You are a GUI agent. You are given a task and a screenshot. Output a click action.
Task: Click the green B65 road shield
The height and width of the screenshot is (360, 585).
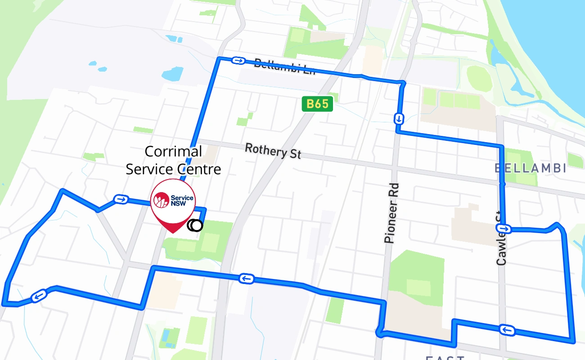tap(317, 104)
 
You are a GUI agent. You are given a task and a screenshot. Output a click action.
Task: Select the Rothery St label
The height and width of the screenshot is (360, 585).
tap(273, 151)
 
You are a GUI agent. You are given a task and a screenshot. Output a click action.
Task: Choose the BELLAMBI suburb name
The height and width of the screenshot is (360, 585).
tap(530, 168)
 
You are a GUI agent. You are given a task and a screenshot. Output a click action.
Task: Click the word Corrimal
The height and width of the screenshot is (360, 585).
tap(173, 152)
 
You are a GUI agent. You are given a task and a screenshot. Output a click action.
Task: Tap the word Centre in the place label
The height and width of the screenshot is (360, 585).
tap(199, 169)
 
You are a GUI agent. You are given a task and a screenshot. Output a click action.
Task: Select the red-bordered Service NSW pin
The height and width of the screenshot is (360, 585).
tap(173, 202)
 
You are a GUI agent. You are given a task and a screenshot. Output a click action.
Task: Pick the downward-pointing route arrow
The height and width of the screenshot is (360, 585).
tap(399, 119)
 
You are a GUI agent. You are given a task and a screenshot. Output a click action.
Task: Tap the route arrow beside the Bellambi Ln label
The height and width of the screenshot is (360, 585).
tap(238, 60)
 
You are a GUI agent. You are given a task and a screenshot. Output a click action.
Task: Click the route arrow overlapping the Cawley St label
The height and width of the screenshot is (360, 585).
tap(504, 229)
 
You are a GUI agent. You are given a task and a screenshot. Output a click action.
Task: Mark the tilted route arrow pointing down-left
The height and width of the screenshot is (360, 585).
tap(39, 296)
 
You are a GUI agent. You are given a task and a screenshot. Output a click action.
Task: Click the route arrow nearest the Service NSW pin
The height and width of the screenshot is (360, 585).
tap(120, 199)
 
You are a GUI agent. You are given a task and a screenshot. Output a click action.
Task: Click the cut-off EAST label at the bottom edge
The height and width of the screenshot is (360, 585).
tap(445, 357)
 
